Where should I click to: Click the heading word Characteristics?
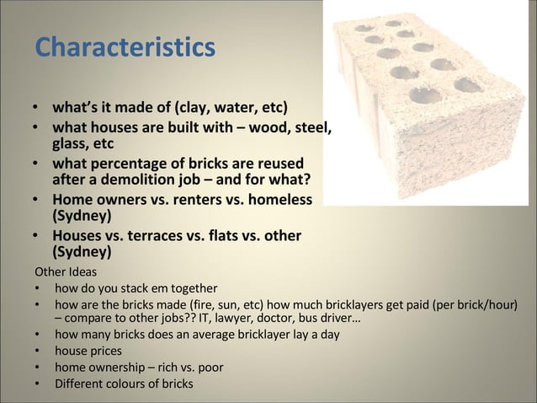[125, 48]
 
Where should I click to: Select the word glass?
[73, 144]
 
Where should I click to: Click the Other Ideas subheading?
[66, 272]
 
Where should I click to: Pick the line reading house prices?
[88, 350]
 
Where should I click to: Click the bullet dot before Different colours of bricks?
[38, 384]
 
